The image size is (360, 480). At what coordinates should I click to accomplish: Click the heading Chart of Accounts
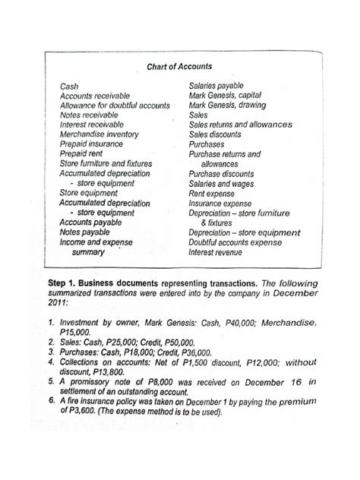(179, 66)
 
